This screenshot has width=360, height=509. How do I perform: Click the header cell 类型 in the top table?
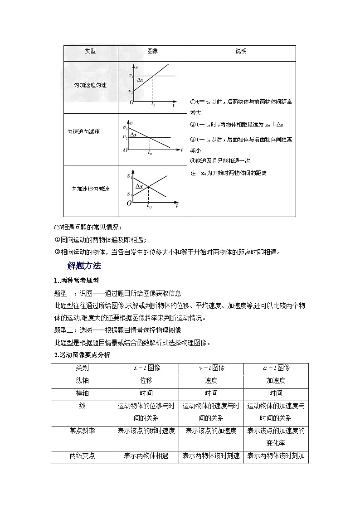[90, 51]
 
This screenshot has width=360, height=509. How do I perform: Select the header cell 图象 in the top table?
[152, 51]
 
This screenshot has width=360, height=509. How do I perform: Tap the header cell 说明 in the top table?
[241, 51]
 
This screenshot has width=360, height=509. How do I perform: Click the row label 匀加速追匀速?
[90, 85]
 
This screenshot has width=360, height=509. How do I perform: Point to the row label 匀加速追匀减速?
[90, 189]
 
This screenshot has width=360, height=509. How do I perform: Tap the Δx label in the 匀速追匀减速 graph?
[134, 135]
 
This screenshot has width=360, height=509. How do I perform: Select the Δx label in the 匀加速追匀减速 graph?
[139, 187]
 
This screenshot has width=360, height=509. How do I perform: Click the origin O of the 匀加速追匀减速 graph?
[129, 204]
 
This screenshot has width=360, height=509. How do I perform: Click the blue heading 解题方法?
[84, 266]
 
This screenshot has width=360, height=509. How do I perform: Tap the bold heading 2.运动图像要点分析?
[82, 355]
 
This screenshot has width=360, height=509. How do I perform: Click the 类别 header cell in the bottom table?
[83, 368]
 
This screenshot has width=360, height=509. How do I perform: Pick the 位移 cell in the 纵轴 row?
[146, 381]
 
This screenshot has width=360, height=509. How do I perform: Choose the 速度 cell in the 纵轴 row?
[211, 381]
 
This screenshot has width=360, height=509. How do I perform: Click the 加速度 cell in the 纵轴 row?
[276, 381]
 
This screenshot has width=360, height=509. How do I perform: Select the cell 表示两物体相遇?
[146, 456]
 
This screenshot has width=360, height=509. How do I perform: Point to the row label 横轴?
[83, 393]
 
